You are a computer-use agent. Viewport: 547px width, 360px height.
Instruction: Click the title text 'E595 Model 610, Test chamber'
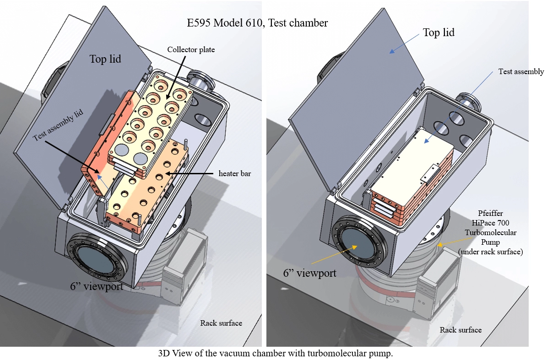pos(257,22)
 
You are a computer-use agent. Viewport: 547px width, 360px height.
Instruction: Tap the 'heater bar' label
pos(234,173)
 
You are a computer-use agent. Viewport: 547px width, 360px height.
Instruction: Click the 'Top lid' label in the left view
pos(105,59)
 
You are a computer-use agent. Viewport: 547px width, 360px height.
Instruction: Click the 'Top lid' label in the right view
pos(438,32)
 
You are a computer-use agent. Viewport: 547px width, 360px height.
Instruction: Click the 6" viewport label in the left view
pos(97,287)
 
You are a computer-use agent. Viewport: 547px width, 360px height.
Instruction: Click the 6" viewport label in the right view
pos(309,273)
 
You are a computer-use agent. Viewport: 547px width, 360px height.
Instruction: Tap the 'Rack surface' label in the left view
pos(221,323)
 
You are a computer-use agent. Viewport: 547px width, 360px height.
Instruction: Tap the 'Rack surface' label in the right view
pos(460,330)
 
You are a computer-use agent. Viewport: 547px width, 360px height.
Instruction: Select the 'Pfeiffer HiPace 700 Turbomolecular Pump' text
pos(490,232)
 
